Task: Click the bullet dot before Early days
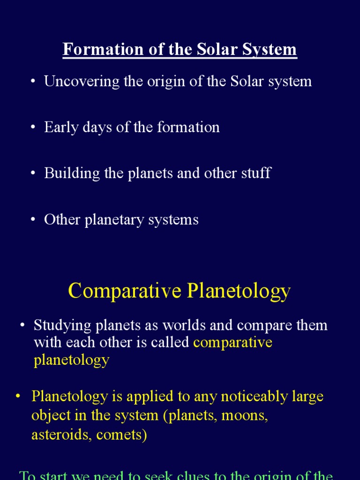(x=33, y=128)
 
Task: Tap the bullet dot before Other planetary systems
(x=33, y=220)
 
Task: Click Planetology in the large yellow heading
(x=239, y=292)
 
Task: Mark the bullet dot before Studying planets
(x=22, y=326)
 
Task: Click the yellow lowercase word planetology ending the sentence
(x=71, y=360)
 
